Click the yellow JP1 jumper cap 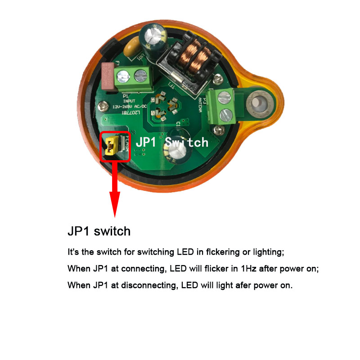[111, 147]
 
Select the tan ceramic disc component [132, 46]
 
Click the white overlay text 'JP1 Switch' [172, 142]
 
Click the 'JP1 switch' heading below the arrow [99, 231]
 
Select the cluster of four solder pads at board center [165, 108]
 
